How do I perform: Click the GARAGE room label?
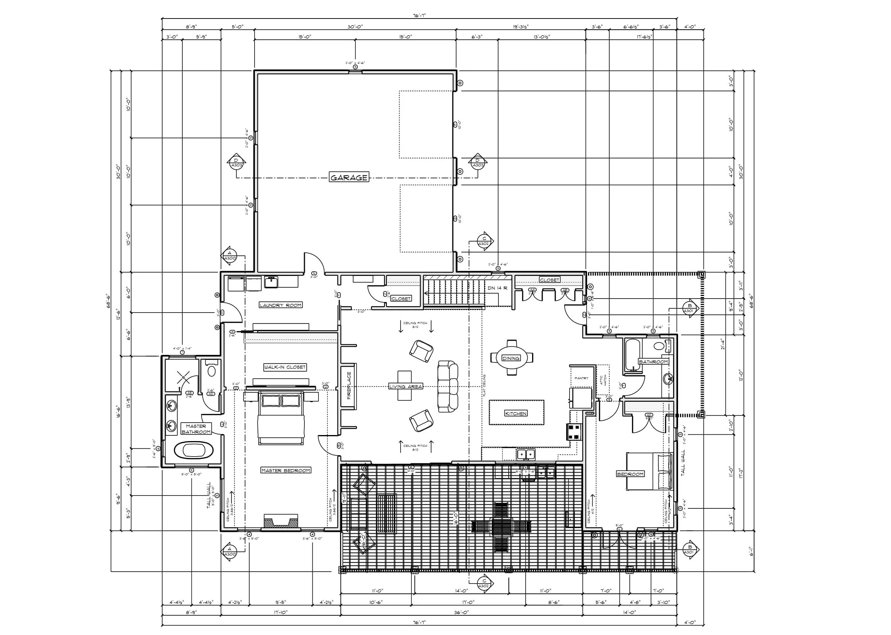[349, 178]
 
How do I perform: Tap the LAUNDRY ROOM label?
[281, 305]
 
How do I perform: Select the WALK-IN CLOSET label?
[285, 367]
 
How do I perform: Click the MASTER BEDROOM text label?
[286, 470]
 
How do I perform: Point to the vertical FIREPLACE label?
[349, 386]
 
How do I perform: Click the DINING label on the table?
[511, 358]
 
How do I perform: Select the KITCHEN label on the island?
[516, 413]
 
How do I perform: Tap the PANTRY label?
[582, 378]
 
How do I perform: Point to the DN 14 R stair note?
[498, 288]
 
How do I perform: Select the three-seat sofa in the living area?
[447, 386]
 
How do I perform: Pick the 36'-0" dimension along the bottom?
[461, 612]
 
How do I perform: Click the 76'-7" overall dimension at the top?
[419, 15]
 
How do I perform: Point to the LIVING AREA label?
[406, 386]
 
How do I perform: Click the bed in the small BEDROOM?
[649, 471]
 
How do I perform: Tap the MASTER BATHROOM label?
[196, 429]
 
